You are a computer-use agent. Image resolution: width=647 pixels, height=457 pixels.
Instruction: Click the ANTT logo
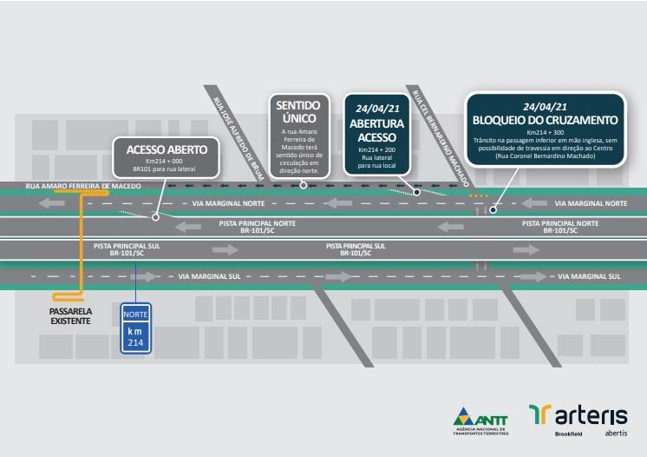coord(480,419)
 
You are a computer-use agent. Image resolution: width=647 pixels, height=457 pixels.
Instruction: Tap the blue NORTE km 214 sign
coord(134,327)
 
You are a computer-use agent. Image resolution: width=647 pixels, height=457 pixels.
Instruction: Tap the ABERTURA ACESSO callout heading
coord(376,129)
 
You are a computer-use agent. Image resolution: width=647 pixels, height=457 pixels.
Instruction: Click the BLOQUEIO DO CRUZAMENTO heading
coord(545,119)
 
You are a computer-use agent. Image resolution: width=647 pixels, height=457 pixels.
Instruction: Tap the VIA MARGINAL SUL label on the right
coord(589,276)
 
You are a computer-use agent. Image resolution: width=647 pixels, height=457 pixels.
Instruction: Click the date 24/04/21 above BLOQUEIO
coord(545,104)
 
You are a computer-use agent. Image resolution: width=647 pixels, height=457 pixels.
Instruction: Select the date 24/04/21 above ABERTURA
coord(376,109)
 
